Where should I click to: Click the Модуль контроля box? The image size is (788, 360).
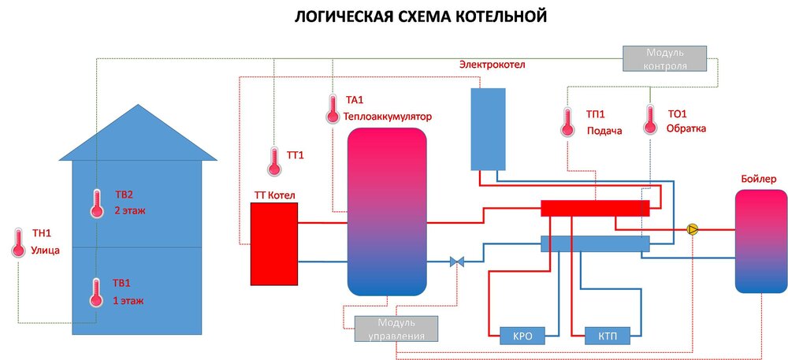665,59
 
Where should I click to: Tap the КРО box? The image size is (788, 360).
522,336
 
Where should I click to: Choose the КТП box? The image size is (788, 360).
607,336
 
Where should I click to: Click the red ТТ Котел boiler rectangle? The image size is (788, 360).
273,243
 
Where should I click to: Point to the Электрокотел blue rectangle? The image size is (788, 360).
488,128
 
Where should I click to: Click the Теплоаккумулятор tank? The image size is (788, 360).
387,210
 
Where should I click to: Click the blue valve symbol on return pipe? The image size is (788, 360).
456,262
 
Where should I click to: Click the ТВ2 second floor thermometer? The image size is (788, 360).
97,202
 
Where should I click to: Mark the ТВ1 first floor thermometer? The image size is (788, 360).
96,291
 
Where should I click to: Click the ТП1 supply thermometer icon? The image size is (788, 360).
567,121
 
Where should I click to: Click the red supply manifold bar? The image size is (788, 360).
595,208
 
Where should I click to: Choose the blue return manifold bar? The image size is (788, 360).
595,244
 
